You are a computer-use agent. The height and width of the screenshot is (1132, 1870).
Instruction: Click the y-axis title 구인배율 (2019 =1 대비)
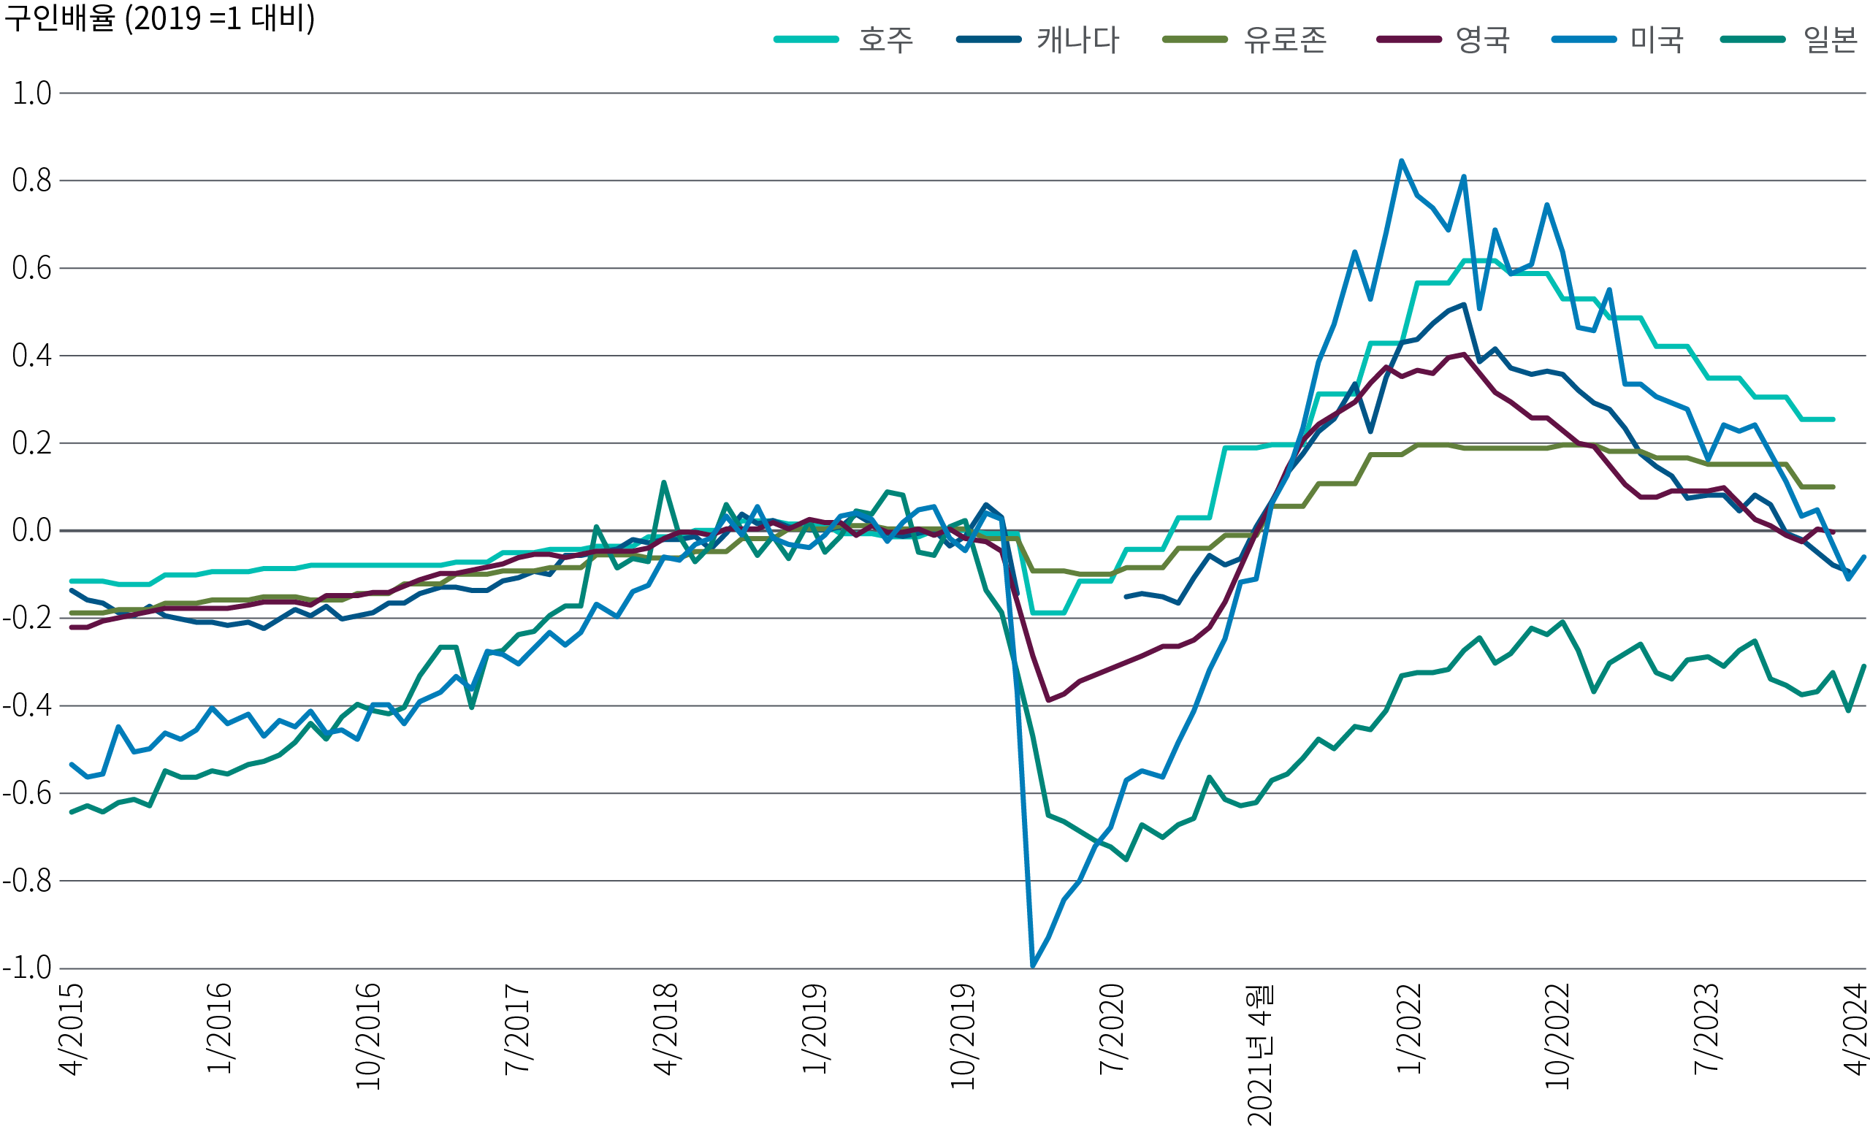(x=159, y=18)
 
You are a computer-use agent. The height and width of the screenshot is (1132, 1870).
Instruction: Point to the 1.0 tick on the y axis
(x=32, y=93)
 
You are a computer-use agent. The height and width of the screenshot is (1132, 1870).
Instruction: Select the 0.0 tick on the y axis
(x=32, y=530)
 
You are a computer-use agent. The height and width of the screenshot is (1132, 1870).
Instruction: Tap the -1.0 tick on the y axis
(x=27, y=968)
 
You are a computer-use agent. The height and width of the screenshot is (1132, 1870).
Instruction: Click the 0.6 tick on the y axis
(x=32, y=269)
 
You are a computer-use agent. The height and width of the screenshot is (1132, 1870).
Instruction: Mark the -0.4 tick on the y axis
(x=27, y=705)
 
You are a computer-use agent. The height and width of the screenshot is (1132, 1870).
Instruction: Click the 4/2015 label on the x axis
(x=72, y=1029)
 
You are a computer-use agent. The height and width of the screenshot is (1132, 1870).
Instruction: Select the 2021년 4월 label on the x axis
(x=1261, y=1055)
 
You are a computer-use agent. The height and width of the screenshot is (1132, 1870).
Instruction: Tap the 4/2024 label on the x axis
(x=1855, y=1029)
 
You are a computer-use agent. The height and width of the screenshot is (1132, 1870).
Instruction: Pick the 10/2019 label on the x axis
(x=963, y=1036)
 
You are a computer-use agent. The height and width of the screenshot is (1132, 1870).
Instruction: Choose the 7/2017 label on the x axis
(x=517, y=1029)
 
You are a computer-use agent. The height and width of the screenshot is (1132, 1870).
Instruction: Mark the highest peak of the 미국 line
(x=1401, y=161)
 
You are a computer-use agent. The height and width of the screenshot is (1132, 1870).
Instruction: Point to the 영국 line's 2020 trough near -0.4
(x=1048, y=700)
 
